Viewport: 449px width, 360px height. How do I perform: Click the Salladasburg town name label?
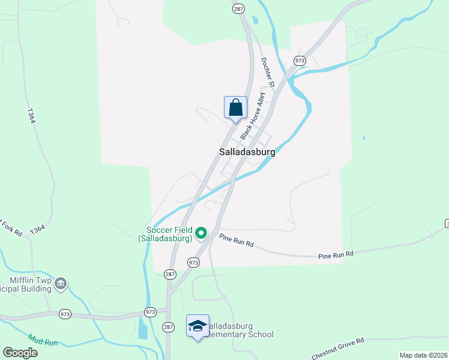247,152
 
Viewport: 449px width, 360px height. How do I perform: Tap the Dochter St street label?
268,72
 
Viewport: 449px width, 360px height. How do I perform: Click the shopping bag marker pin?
236,108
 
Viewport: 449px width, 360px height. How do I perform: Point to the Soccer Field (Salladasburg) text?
165,234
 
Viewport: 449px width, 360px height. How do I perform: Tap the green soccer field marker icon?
202,233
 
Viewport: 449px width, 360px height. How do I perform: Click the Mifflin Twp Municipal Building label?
28,283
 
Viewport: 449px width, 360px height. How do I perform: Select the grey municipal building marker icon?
61,283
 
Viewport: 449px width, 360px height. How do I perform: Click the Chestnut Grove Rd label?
338,349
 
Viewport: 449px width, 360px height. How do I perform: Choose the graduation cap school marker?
197,326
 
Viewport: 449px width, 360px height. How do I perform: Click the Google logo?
20,352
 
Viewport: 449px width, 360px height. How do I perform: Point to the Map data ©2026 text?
423,355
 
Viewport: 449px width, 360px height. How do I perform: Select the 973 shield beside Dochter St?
300,61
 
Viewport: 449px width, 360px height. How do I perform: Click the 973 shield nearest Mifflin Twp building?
65,314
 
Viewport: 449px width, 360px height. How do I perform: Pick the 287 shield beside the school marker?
169,326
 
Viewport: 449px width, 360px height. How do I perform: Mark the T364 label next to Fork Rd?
37,229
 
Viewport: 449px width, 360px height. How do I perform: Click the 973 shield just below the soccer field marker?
193,262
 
